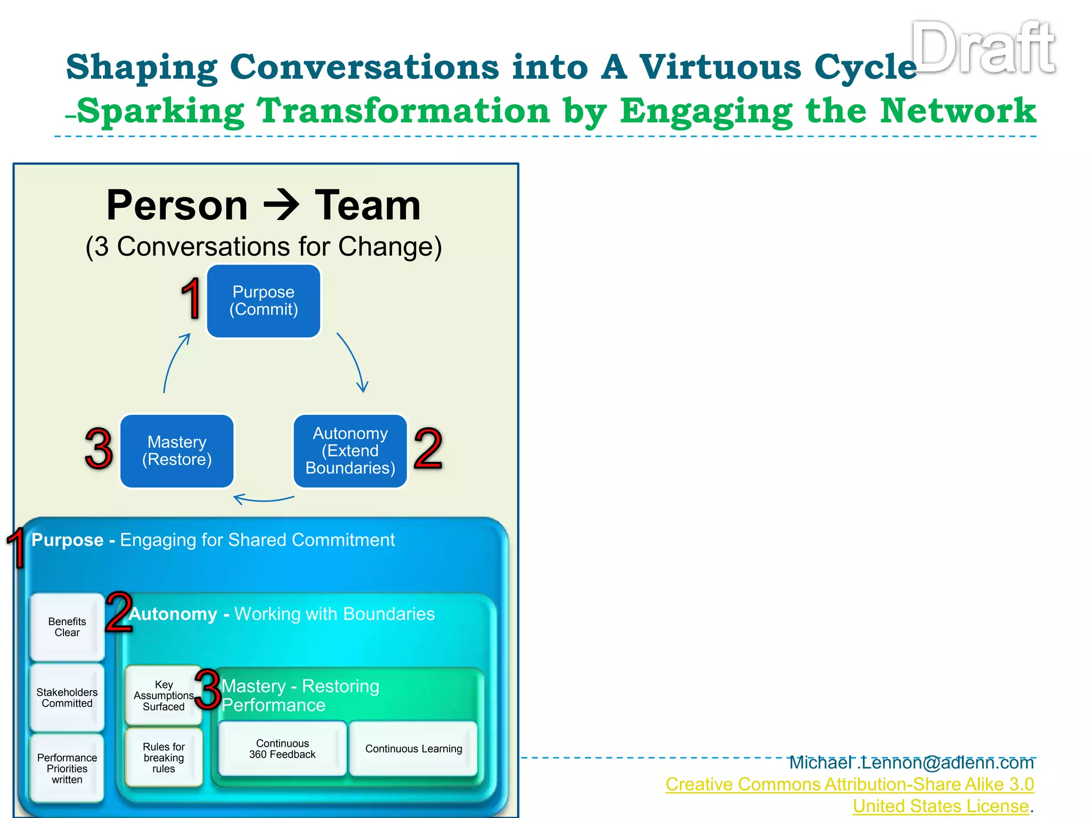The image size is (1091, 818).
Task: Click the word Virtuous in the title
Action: (720, 68)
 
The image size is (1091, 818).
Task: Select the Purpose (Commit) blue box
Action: (264, 301)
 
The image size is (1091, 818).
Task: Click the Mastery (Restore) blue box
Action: (177, 451)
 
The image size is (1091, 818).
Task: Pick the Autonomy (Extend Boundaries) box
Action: (350, 451)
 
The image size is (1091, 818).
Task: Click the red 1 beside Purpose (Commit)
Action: (190, 299)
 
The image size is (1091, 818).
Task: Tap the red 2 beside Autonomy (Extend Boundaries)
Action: (428, 449)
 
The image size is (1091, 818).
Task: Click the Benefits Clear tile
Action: (67, 627)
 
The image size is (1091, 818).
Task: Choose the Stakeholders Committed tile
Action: (67, 698)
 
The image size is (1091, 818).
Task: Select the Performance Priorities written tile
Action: (67, 768)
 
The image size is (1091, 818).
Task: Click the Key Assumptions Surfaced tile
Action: (163, 696)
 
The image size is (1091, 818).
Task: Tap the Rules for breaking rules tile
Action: (164, 758)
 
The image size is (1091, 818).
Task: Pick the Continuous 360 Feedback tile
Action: (282, 749)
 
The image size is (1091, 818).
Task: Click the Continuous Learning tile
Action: (413, 749)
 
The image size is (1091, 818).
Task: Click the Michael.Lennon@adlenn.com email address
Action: (911, 763)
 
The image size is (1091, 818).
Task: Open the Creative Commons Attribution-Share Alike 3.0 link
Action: (849, 784)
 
